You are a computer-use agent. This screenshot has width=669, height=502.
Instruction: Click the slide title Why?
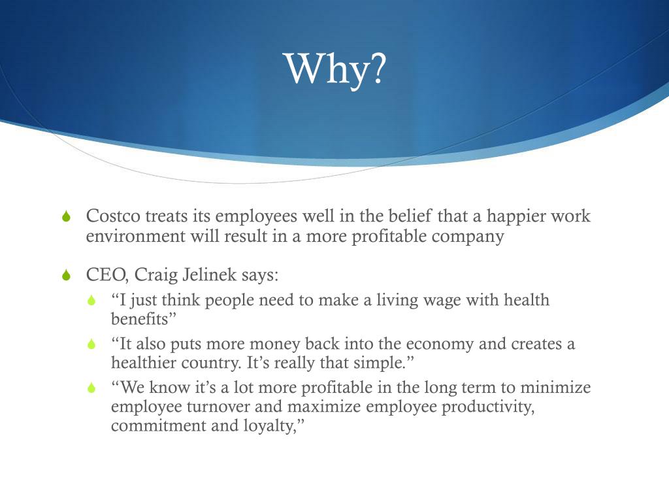pos(335,68)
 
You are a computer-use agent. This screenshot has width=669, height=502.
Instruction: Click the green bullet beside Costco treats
pos(66,217)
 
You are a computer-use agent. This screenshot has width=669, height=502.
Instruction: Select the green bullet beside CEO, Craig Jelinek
pos(66,276)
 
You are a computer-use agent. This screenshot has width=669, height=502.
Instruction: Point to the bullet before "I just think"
pos(92,301)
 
